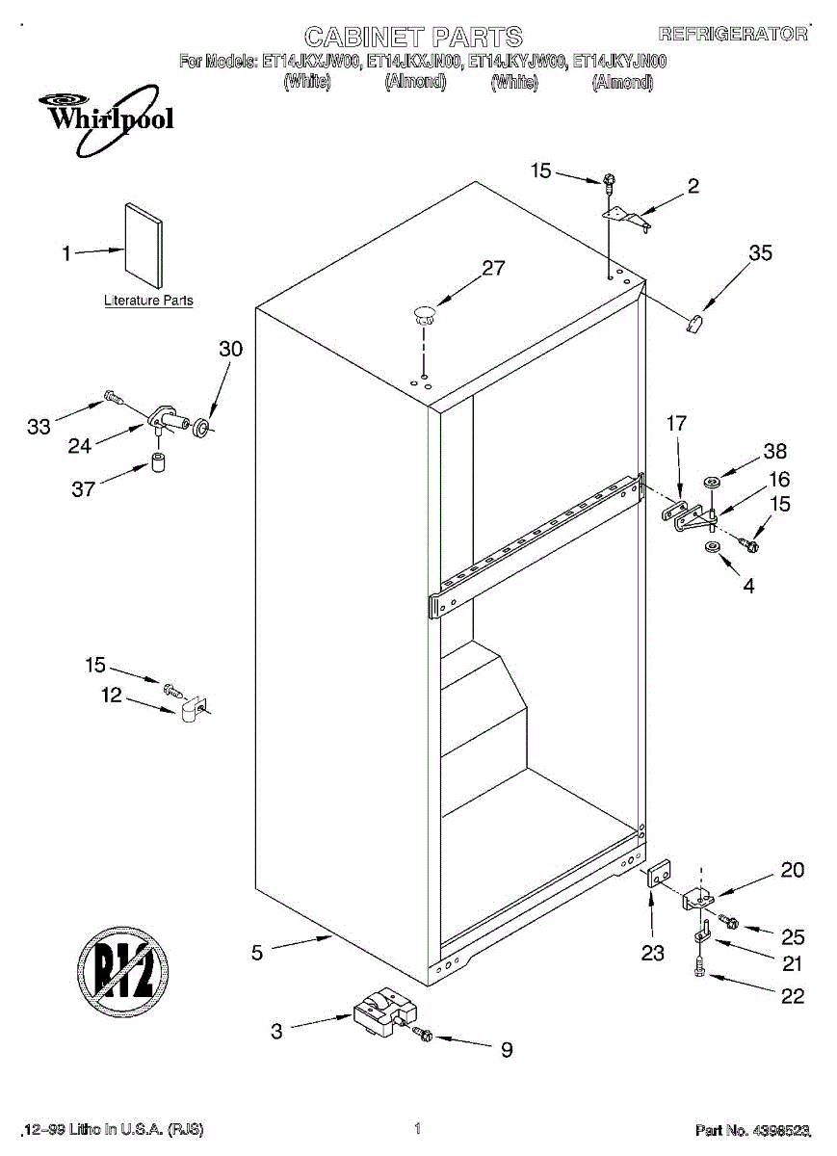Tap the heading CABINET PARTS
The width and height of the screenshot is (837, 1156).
click(413, 37)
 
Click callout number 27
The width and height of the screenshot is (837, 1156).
click(493, 268)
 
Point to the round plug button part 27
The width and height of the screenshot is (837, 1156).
click(424, 310)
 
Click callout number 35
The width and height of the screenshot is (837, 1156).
click(761, 253)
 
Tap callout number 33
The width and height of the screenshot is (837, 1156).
click(39, 427)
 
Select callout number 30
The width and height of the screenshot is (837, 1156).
click(231, 349)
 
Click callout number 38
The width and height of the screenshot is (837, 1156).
click(775, 451)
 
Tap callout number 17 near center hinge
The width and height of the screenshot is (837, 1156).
click(676, 423)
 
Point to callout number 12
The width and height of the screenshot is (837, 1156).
click(112, 695)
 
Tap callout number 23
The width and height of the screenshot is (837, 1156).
click(653, 954)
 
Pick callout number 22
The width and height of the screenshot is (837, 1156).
click(792, 996)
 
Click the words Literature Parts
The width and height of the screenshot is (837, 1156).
click(148, 301)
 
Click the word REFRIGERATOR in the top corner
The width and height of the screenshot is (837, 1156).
click(733, 34)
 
